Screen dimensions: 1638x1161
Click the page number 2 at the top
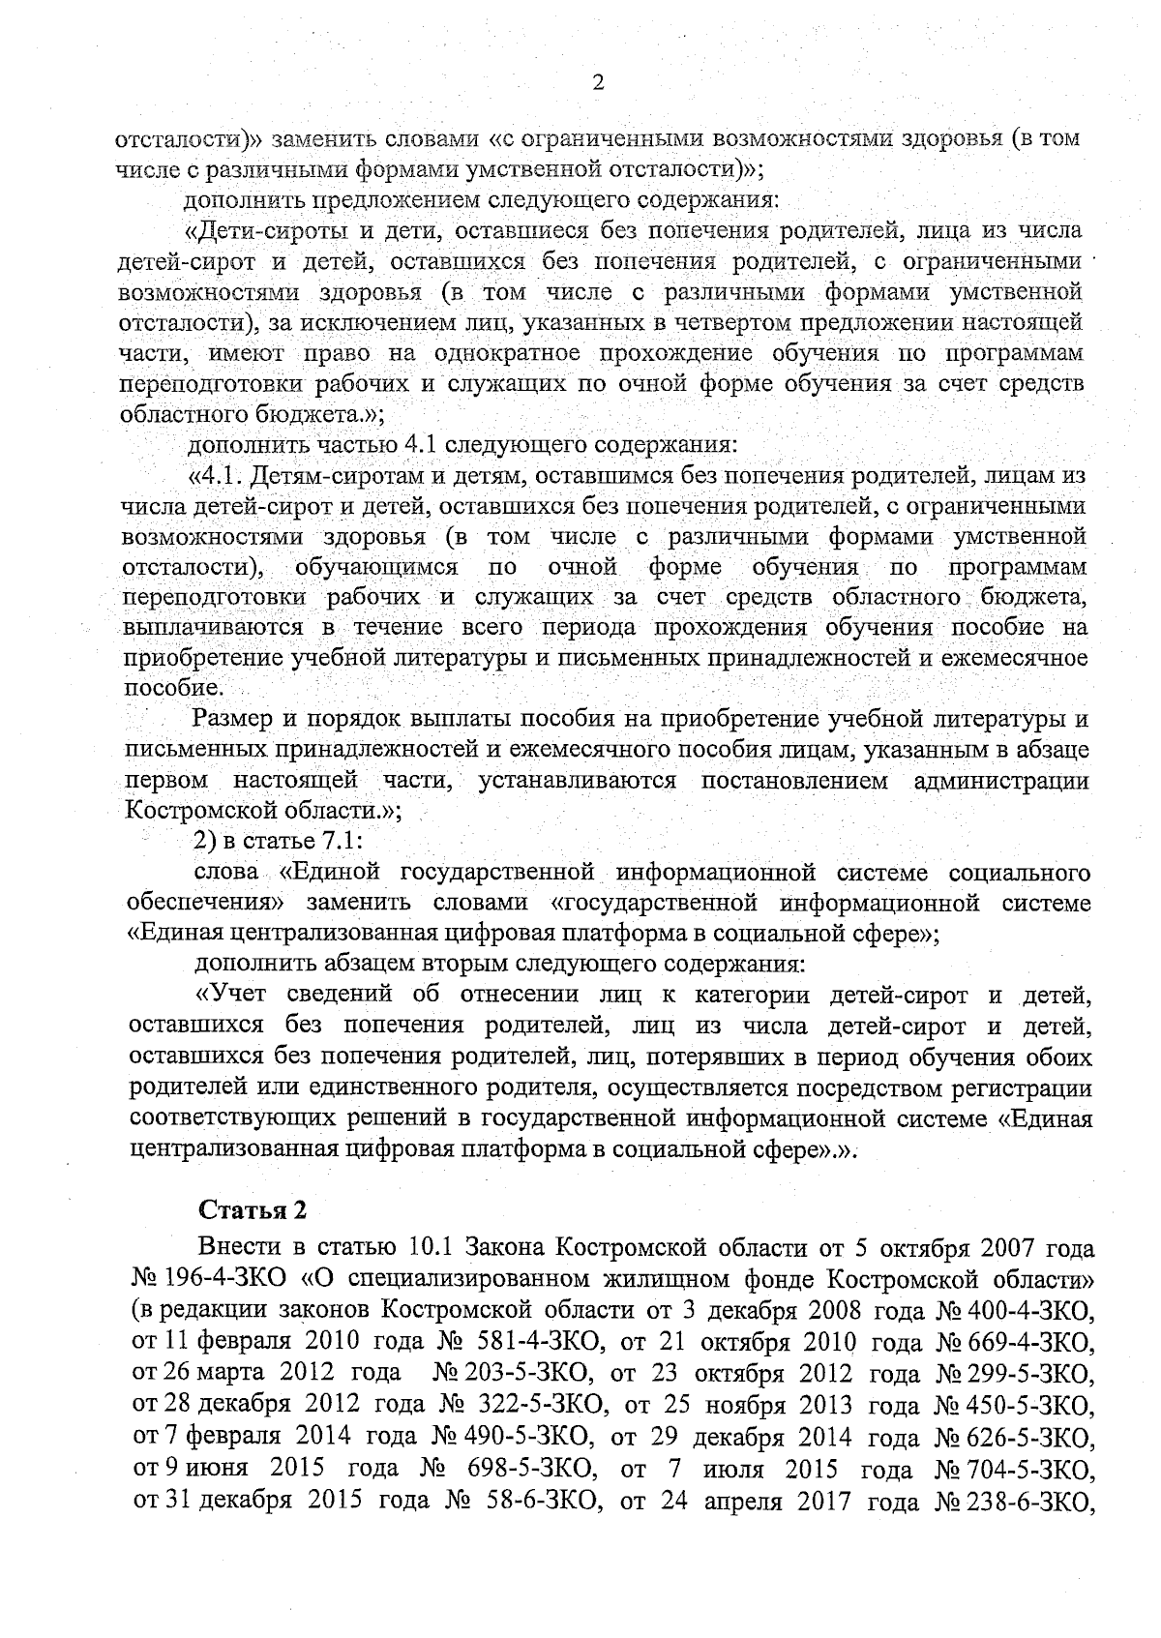tap(597, 84)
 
